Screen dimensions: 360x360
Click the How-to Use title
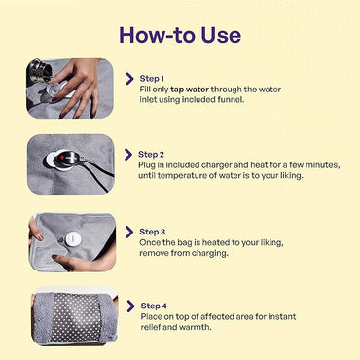179,34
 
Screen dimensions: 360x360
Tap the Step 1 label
152,78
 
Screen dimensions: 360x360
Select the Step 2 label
152,154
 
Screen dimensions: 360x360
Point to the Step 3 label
153,230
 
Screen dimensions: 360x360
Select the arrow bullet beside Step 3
129,231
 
